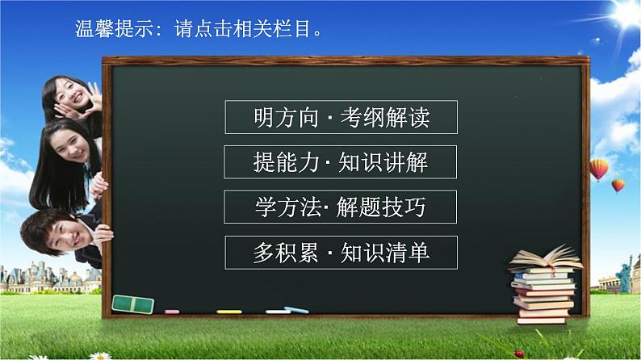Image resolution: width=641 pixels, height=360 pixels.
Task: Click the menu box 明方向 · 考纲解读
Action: pyautogui.click(x=341, y=117)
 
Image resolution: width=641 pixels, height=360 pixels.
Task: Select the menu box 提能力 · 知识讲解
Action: pyautogui.click(x=341, y=162)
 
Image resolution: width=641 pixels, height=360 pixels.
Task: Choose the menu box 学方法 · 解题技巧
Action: pyautogui.click(x=341, y=207)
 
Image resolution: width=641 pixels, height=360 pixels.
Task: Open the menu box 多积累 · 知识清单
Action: pyautogui.click(x=341, y=253)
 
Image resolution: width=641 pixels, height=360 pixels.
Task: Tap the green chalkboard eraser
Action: pyautogui.click(x=133, y=303)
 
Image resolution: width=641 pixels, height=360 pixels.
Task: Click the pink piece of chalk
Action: pyautogui.click(x=172, y=311)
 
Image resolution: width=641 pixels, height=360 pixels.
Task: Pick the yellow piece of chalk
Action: pyautogui.click(x=229, y=311)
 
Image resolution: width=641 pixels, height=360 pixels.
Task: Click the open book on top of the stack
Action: pyautogui.click(x=545, y=259)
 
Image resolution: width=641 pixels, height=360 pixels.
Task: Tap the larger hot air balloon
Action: pyautogui.click(x=598, y=169)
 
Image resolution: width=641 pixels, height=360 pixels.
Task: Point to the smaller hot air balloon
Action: pyautogui.click(x=618, y=186)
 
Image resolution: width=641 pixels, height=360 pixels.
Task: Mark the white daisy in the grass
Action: pyautogui.click(x=100, y=355)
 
